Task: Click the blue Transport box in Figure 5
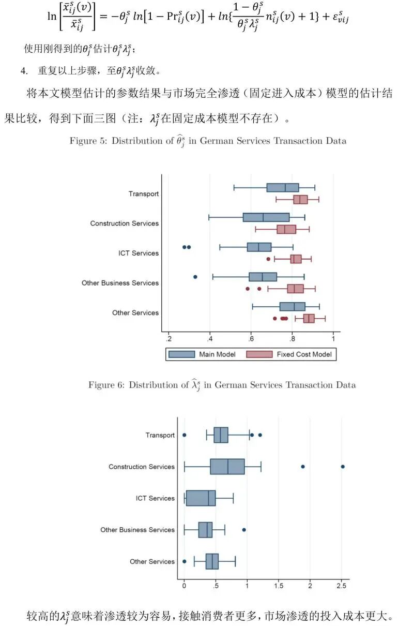pyautogui.click(x=283, y=187)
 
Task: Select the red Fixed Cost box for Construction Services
pyautogui.click(x=286, y=229)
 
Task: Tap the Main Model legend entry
pyautogui.click(x=202, y=354)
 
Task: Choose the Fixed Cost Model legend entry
pyautogui.click(x=291, y=354)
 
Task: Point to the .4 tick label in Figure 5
pyautogui.click(x=210, y=339)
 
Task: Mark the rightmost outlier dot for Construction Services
pyautogui.click(x=343, y=467)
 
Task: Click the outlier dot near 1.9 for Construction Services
pyautogui.click(x=303, y=467)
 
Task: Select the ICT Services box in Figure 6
pyautogui.click(x=201, y=498)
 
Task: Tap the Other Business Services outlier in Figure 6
pyautogui.click(x=244, y=530)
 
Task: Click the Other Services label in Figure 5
pyautogui.click(x=135, y=313)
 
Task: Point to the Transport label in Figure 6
pyautogui.click(x=160, y=436)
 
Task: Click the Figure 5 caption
pyautogui.click(x=208, y=141)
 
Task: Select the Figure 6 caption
pyautogui.click(x=222, y=385)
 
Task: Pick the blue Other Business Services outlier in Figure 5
pyautogui.click(x=195, y=277)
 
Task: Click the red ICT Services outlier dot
pyautogui.click(x=268, y=259)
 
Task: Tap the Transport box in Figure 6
pyautogui.click(x=221, y=435)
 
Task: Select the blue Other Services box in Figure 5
pyautogui.click(x=293, y=307)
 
